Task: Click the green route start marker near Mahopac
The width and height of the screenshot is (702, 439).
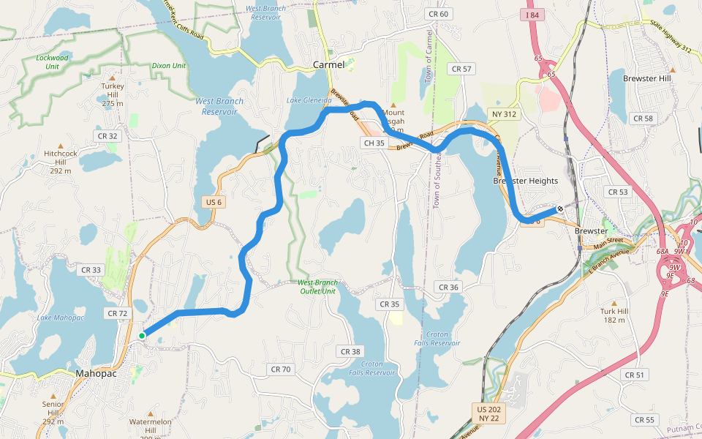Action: (142, 336)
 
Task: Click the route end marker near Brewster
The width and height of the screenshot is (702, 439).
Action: (560, 209)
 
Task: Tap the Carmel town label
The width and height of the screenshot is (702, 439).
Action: (328, 64)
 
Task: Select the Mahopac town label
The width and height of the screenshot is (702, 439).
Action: (97, 373)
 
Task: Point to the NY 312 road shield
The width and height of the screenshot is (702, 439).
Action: (504, 114)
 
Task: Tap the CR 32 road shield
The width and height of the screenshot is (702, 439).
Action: (107, 135)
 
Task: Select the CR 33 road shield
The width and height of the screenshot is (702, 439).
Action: (91, 270)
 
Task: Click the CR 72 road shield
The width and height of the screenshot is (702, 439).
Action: (117, 313)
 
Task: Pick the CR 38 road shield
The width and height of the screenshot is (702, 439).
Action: (350, 352)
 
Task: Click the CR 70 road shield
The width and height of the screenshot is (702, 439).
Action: (280, 369)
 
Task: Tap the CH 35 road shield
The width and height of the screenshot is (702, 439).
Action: (374, 143)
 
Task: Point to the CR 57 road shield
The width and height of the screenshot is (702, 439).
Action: (462, 69)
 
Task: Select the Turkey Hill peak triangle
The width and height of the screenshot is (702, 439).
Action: (113, 77)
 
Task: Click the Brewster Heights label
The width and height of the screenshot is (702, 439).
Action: (525, 181)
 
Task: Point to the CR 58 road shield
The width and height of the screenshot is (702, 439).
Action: (643, 119)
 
